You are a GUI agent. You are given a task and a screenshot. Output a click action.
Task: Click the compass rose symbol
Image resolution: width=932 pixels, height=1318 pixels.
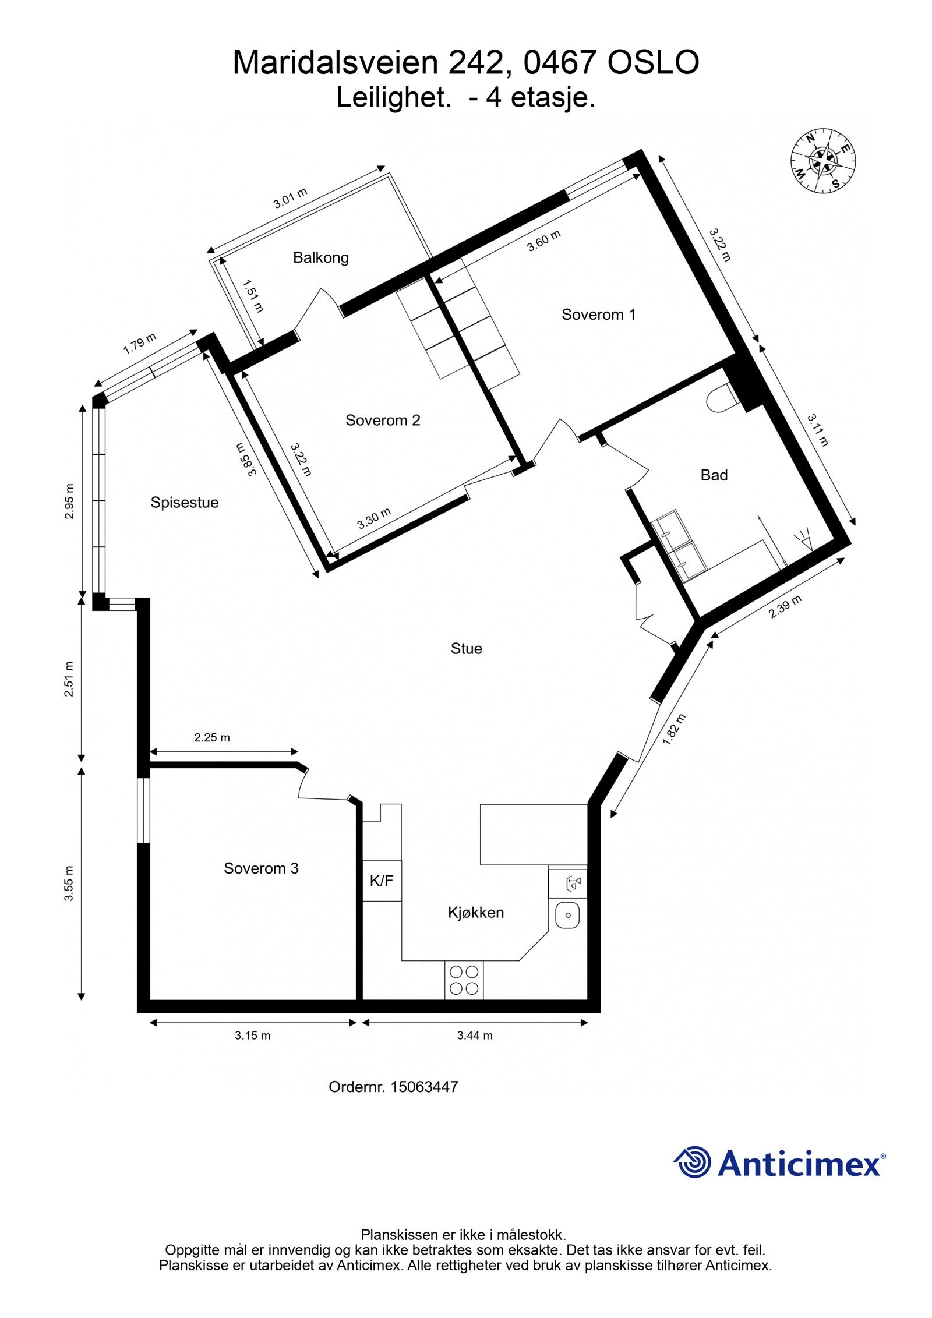(x=824, y=160)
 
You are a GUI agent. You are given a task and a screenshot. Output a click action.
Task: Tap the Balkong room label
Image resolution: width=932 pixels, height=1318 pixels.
(x=320, y=257)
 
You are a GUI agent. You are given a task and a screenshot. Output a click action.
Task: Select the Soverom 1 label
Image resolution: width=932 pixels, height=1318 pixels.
(x=598, y=315)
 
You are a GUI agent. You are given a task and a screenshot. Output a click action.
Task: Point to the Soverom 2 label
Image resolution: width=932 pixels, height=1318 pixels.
(x=383, y=420)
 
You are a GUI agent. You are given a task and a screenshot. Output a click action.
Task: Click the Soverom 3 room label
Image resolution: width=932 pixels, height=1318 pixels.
(x=261, y=868)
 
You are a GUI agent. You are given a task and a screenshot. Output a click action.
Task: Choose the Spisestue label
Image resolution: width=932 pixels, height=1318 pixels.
(x=184, y=502)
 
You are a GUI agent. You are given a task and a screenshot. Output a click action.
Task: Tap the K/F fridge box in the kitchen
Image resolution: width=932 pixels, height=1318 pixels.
(x=382, y=881)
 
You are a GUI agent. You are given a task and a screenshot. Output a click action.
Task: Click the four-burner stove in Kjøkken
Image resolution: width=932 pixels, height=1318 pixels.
(x=464, y=980)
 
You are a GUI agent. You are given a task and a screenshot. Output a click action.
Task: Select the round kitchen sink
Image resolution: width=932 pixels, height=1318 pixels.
(x=567, y=916)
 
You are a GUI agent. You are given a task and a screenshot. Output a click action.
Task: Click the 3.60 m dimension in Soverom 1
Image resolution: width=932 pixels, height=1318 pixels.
(x=543, y=241)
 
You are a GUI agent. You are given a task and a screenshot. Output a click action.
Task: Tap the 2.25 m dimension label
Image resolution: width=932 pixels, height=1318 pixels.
(x=212, y=737)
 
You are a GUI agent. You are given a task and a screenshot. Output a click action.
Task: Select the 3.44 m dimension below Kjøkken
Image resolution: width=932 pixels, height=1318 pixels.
(x=475, y=1035)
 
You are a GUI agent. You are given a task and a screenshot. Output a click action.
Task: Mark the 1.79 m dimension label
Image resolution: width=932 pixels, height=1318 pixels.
(x=140, y=344)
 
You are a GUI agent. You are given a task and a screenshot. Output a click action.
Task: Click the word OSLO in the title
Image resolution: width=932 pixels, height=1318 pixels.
(x=653, y=63)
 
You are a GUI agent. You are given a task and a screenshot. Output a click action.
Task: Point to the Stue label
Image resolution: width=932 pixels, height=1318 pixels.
(x=466, y=648)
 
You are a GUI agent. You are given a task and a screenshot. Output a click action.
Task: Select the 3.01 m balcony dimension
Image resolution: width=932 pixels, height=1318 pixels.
(x=290, y=199)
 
